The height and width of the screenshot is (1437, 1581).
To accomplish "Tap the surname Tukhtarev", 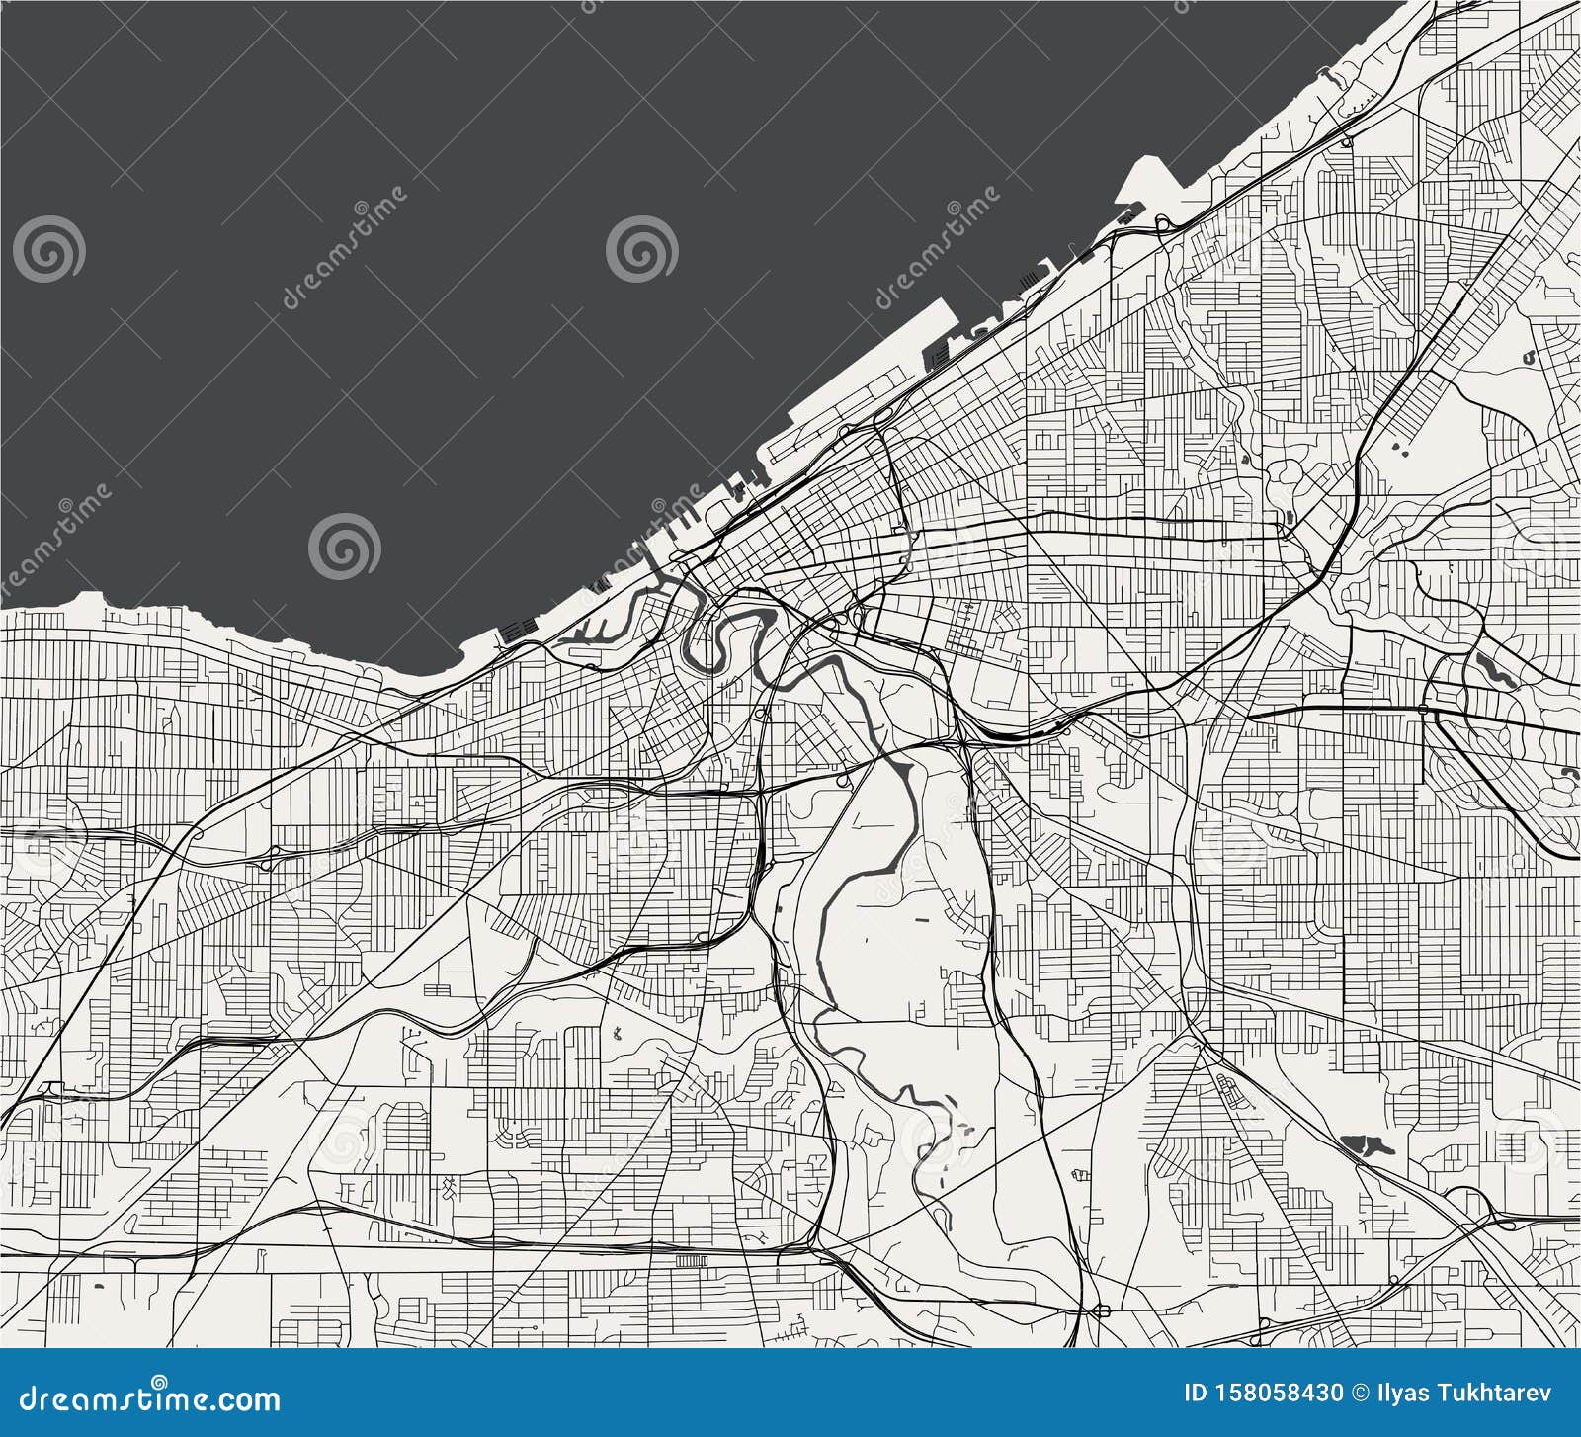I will [x=1505, y=1394].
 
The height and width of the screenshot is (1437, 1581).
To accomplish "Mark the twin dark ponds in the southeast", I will [x=1367, y=1145].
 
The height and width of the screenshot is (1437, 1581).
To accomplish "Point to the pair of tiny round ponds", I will [x=1400, y=448].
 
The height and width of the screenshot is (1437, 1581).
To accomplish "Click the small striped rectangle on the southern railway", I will [x=693, y=1260].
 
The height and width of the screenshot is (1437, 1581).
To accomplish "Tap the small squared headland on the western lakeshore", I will [x=90, y=598].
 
